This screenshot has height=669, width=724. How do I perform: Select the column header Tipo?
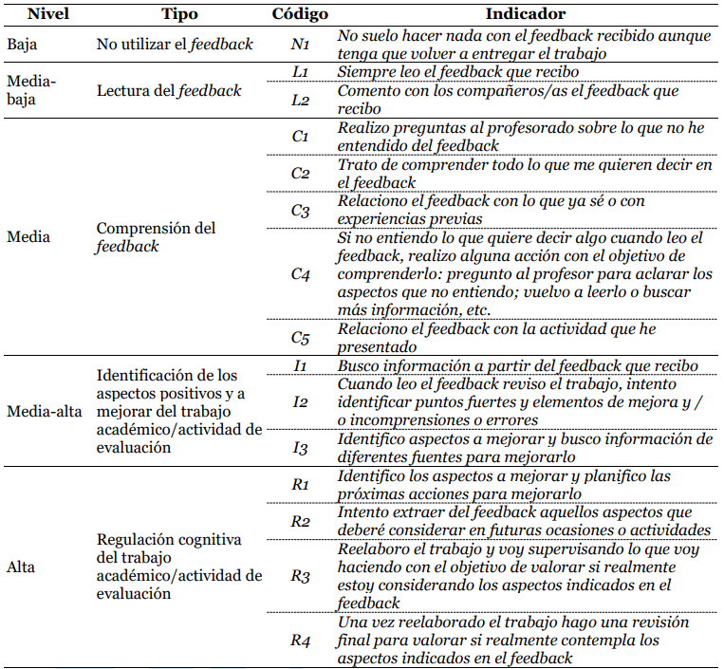(x=180, y=13)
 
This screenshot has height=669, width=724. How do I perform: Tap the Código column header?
(x=300, y=13)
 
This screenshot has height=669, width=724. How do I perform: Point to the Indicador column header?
(x=525, y=13)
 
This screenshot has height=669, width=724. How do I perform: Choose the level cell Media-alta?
(x=44, y=412)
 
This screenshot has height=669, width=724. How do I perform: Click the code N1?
(x=300, y=45)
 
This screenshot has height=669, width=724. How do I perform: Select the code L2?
(x=300, y=100)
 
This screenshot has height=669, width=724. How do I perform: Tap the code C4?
(x=300, y=273)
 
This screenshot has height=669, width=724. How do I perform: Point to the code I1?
(x=300, y=366)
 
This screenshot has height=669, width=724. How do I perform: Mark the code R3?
(x=300, y=576)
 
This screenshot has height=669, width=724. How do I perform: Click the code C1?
(x=300, y=137)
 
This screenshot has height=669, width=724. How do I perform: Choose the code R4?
(x=300, y=640)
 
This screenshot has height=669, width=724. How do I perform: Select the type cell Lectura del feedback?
(x=169, y=91)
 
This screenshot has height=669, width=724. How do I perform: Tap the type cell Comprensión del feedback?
(x=157, y=236)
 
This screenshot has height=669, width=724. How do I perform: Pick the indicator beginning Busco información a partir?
(x=517, y=366)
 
